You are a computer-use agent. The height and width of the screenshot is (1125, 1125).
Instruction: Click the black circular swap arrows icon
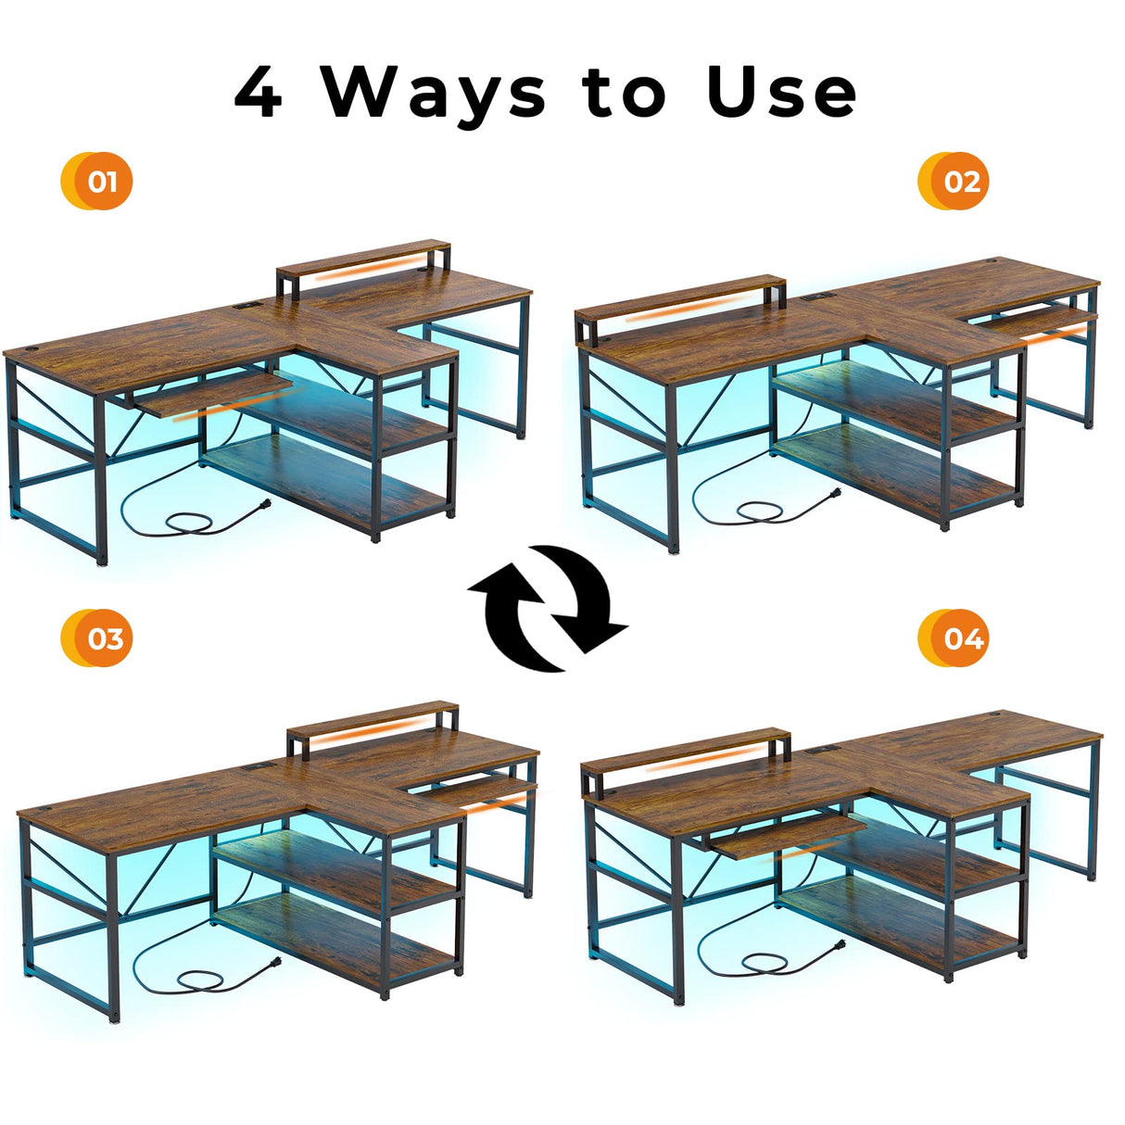point(548,608)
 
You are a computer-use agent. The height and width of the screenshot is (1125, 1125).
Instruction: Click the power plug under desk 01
point(263,506)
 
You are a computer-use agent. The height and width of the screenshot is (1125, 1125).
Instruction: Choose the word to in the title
point(625,93)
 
